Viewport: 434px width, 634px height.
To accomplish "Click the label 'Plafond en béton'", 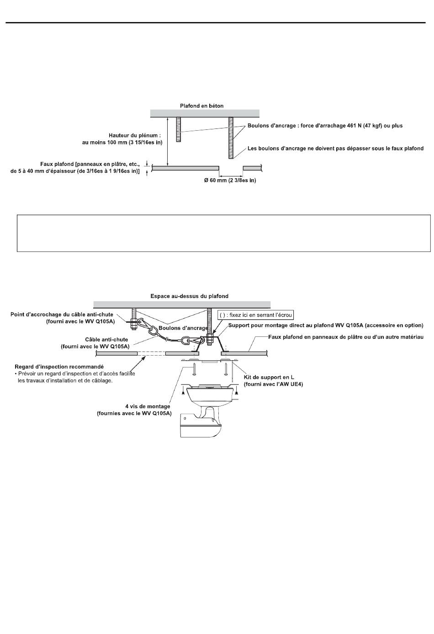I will point(201,106).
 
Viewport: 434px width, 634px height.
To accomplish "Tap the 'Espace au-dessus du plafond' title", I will point(189,296).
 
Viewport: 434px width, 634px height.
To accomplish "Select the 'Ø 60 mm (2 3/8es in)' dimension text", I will point(230,181).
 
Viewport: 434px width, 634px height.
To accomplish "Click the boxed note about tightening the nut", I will point(255,315).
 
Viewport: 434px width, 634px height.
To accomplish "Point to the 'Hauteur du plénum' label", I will point(135,135).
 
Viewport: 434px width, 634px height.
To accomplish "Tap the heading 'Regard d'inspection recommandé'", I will point(59,367).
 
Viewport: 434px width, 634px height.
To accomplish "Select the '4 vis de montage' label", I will point(148,406).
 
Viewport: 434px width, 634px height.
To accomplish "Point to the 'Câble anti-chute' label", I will point(107,340).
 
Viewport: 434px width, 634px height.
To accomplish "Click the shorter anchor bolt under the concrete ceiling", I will point(179,130).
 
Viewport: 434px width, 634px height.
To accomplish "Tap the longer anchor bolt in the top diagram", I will point(231,137).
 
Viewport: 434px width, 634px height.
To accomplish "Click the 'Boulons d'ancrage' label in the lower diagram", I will point(183,328).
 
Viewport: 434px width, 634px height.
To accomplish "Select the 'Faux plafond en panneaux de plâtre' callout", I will point(346,337).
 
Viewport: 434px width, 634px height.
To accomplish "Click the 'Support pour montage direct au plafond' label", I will point(325,325).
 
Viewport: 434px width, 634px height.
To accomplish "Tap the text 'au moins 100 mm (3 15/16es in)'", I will point(119,142).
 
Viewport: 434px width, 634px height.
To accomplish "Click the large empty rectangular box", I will point(223,233).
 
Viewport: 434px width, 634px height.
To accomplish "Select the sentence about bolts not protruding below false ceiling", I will point(335,148).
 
